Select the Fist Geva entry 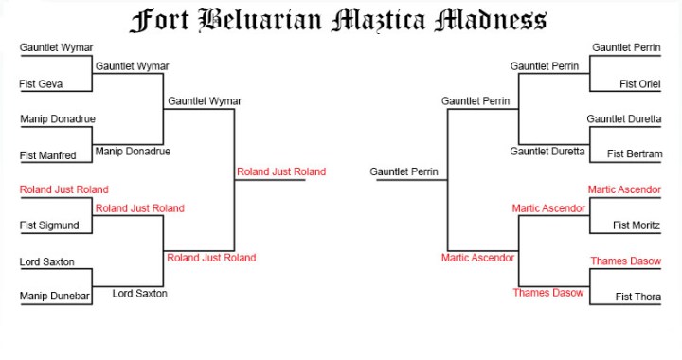point(41,84)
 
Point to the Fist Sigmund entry point(48,225)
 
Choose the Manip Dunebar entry point(53,297)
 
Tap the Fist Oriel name point(639,84)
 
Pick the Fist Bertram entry point(634,153)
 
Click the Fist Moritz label point(636,225)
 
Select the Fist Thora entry point(637,297)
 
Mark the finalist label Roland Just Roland point(280,171)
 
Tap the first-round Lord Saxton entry point(46,261)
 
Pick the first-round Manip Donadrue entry point(57,119)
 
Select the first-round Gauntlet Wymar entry point(56,47)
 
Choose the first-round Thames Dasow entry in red point(625,261)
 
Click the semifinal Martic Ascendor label point(477,257)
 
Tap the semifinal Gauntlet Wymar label point(204,101)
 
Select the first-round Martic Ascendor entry point(623,189)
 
